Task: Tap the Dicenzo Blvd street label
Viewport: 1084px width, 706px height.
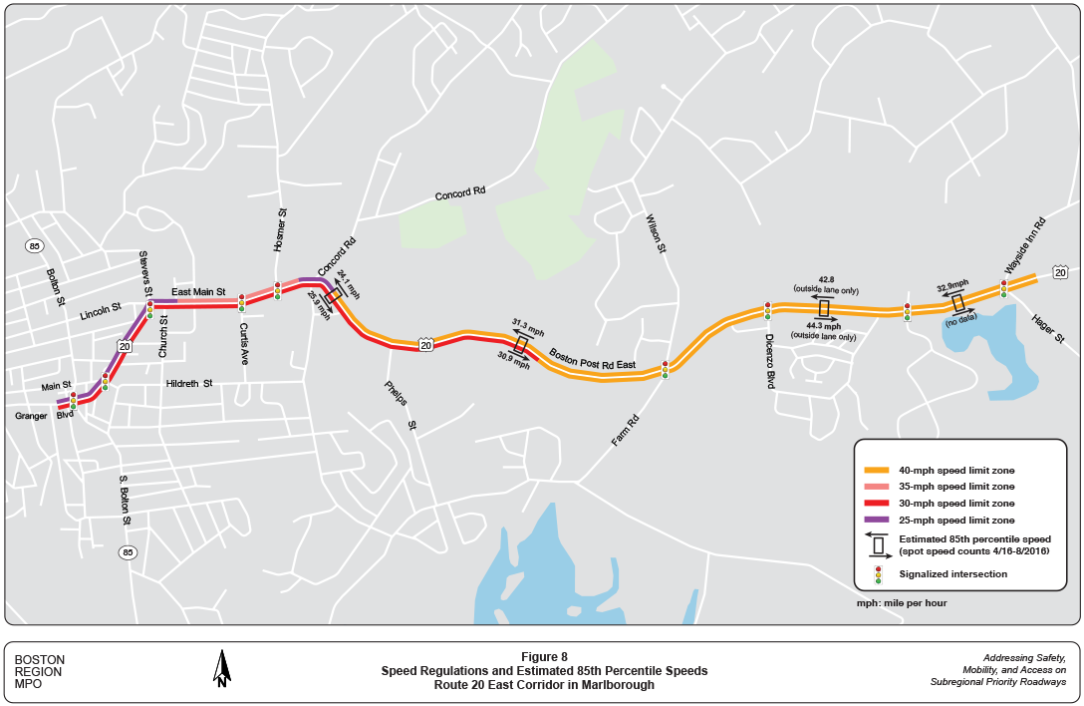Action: point(770,360)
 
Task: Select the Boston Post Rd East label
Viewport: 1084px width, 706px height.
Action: point(593,359)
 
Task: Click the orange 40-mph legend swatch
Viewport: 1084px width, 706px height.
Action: point(877,470)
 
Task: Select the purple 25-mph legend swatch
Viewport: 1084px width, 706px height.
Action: point(877,521)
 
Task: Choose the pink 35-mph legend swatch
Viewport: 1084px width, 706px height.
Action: point(877,487)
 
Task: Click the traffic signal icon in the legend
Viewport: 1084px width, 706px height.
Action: point(878,574)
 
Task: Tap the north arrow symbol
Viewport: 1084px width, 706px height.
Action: point(222,668)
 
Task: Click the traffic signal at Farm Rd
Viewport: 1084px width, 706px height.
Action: point(665,370)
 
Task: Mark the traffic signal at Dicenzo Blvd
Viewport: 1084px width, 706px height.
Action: point(767,310)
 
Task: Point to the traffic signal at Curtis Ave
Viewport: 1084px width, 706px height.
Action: point(241,303)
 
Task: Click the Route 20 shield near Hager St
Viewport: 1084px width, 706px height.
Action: point(1059,272)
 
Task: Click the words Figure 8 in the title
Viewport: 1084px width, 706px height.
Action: point(543,656)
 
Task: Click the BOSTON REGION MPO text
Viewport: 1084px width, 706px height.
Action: point(40,672)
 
